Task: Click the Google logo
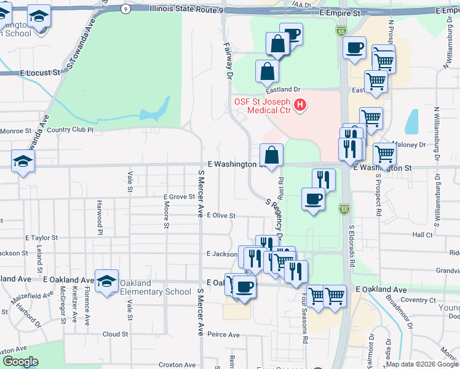[20, 362]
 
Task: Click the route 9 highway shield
[125, 9]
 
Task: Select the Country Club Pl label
[69, 130]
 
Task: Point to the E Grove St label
[178, 197]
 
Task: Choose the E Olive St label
[221, 216]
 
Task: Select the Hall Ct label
[422, 235]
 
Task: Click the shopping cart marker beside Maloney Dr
[385, 154]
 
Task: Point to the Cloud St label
[115, 334]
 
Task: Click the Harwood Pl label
[98, 216]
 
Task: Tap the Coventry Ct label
[419, 300]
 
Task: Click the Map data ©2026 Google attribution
[422, 364]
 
